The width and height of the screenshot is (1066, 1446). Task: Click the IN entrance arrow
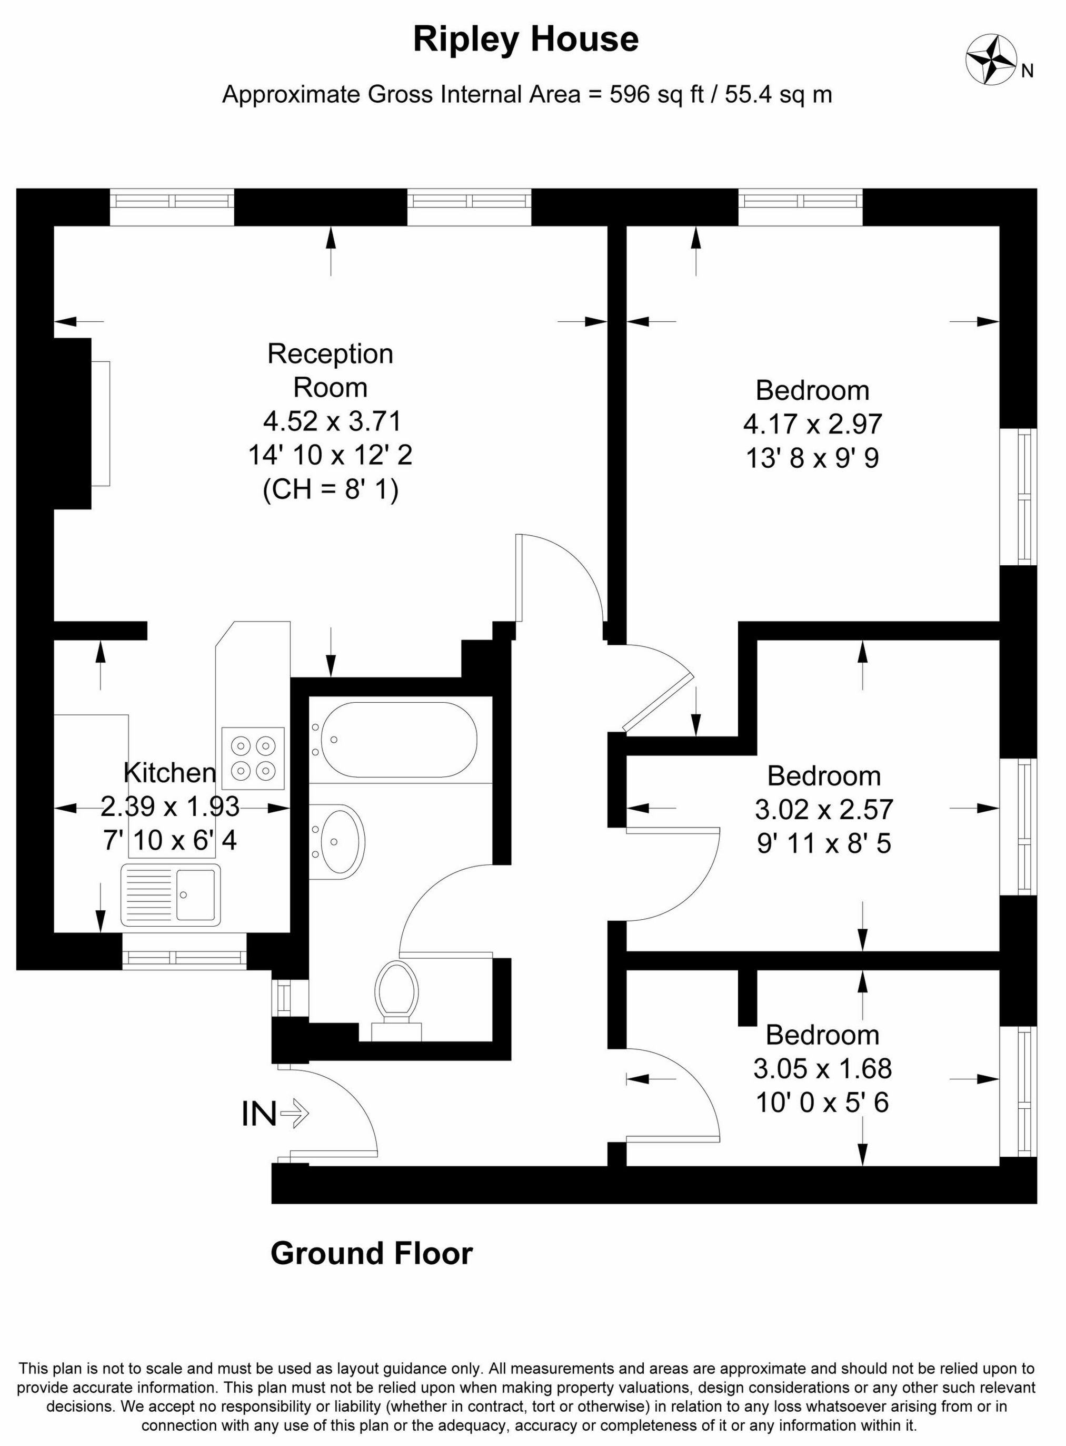point(275,1114)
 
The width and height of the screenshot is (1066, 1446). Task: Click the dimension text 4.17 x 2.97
point(812,425)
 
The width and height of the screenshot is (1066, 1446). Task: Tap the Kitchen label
point(170,772)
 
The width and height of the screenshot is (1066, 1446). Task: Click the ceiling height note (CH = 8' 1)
point(331,489)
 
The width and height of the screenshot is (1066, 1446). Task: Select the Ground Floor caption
point(372,1253)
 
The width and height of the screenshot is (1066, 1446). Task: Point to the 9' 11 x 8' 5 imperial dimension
point(824,843)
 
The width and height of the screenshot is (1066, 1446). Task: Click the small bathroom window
point(282,998)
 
